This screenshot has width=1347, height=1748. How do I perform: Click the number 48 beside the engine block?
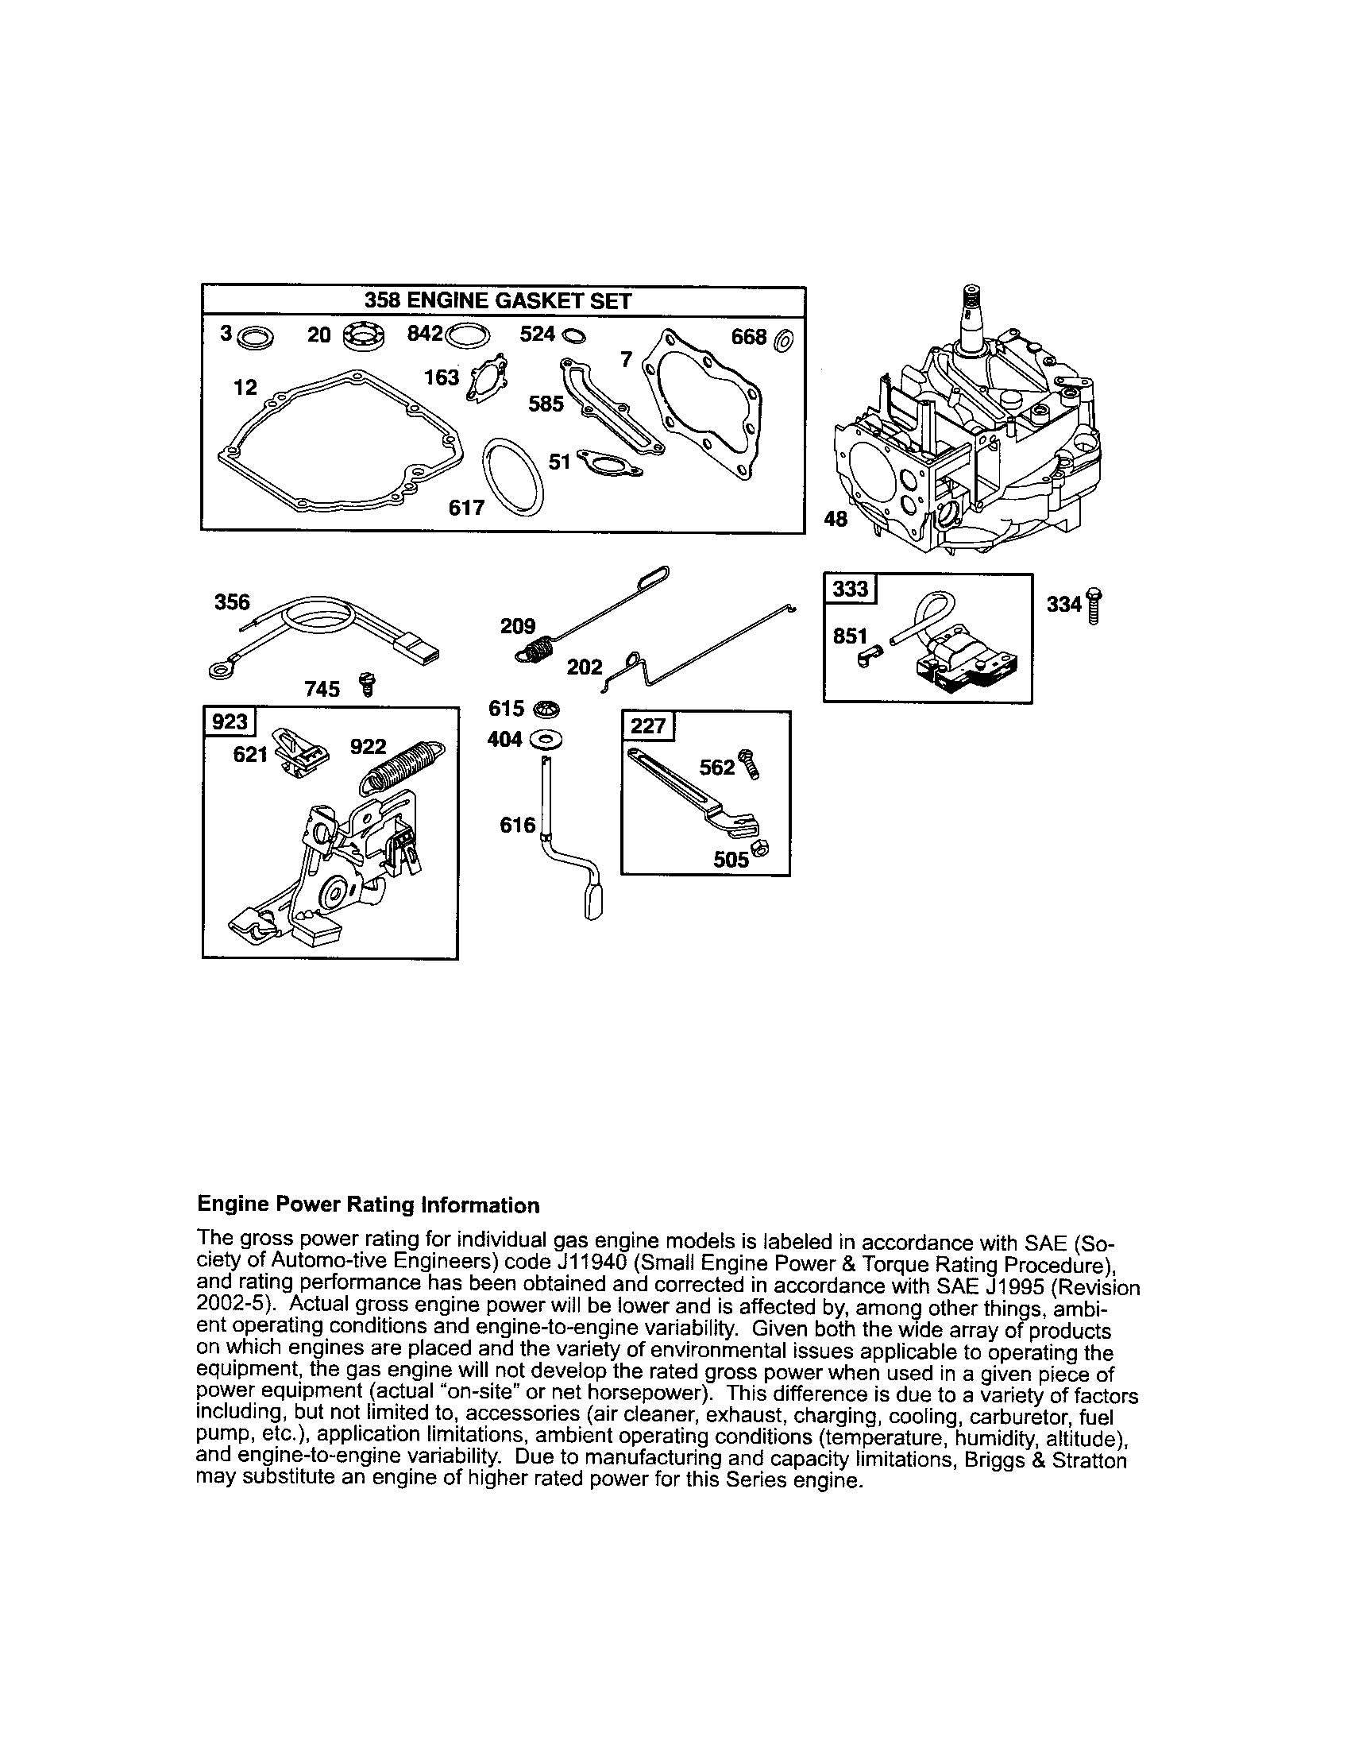coord(835,520)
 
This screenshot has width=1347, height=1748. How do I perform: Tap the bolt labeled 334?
coord(1094,606)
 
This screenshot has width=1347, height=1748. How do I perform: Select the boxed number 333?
coord(850,589)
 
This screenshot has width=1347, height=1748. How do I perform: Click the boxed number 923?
coord(229,722)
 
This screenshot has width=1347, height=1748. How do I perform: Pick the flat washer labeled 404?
coord(546,741)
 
